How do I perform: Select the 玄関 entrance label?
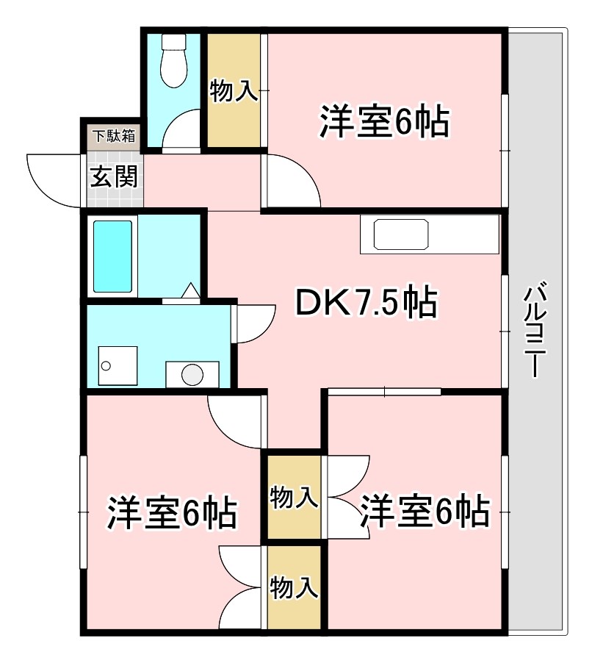coord(114,177)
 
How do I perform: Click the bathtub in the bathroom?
coord(113,257)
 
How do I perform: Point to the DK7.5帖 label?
coord(366,303)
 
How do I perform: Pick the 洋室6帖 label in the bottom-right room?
coord(424,510)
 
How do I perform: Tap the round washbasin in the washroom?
coord(192,375)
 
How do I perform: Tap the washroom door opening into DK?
coord(253,324)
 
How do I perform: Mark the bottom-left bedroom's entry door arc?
coord(235,423)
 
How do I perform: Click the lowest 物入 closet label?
coord(294,588)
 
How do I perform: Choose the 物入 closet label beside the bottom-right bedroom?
coord(294,498)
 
